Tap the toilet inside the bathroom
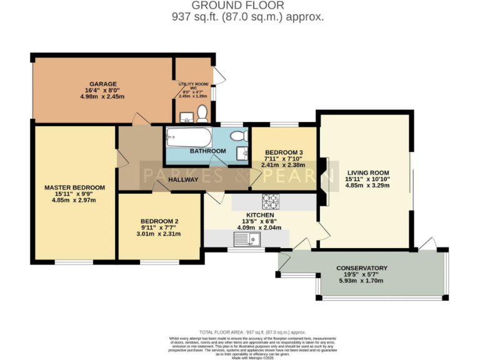point(239,136)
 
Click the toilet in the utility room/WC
point(202,113)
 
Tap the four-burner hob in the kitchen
point(271,201)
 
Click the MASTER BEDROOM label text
point(74,187)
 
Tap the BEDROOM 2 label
point(159,221)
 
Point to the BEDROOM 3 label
point(284,152)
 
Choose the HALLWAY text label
point(183,180)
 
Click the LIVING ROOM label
point(367,173)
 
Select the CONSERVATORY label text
point(361,267)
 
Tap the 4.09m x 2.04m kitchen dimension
point(263,227)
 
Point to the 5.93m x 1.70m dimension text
point(361,281)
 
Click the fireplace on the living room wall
point(322,181)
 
